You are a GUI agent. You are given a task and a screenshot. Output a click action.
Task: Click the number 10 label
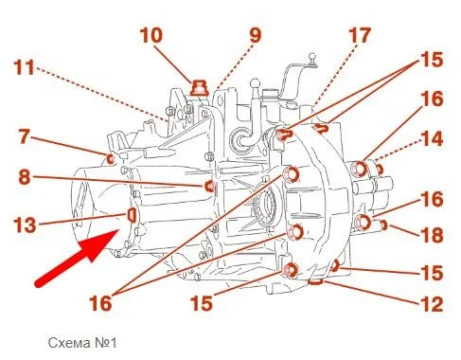point(151,35)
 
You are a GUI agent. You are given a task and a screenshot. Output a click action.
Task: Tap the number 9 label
point(256,35)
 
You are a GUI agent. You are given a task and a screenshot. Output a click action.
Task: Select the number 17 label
point(360,35)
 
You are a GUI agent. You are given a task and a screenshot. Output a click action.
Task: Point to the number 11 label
point(24,67)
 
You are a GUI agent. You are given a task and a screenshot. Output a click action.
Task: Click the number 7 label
point(25,136)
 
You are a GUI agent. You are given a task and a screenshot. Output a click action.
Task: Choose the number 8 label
point(25,176)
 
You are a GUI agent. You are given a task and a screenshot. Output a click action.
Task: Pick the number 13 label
point(25,225)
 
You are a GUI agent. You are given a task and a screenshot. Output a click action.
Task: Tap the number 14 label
point(432,138)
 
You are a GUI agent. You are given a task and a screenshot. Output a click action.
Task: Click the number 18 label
point(432,235)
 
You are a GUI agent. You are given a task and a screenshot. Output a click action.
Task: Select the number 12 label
point(432,304)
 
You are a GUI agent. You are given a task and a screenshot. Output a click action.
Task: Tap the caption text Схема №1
point(82,343)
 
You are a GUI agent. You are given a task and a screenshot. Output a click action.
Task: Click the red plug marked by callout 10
point(199,88)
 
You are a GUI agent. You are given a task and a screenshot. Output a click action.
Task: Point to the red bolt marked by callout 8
point(210,187)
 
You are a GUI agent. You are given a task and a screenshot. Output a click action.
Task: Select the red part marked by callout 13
point(132,215)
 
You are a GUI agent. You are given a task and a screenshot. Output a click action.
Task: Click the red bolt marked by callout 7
point(111,159)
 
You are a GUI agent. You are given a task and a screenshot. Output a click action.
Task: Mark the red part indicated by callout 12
point(315,281)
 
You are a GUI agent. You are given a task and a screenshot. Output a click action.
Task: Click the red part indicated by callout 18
point(383,225)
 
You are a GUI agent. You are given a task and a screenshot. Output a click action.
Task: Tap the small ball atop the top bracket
point(312,57)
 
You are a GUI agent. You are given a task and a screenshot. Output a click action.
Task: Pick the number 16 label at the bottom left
point(100,302)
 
